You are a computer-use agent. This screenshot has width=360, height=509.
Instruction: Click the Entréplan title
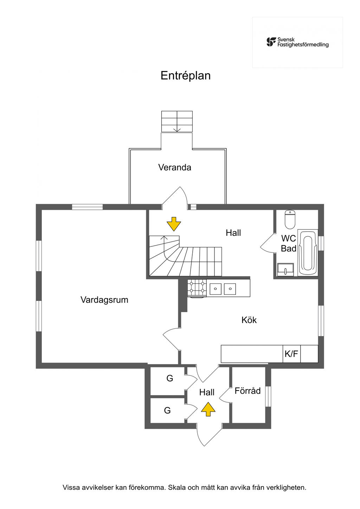click(185, 76)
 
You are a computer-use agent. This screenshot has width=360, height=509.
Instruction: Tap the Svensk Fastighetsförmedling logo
click(297, 42)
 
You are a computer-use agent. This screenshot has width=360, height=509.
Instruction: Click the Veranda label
click(175, 167)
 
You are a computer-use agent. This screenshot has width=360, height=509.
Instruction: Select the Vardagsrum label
click(104, 300)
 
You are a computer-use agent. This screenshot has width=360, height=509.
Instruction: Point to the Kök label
click(249, 320)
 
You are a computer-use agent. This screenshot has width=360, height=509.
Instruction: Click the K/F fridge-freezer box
click(291, 354)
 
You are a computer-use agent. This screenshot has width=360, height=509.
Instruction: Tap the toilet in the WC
click(290, 219)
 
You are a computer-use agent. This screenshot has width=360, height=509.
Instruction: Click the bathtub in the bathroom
click(308, 253)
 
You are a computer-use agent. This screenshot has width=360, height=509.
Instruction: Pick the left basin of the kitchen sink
click(215, 289)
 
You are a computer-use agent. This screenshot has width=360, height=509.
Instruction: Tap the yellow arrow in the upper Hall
click(174, 224)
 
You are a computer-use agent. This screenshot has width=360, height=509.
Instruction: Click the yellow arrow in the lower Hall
click(208, 409)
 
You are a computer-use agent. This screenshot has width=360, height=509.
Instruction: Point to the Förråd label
click(248, 391)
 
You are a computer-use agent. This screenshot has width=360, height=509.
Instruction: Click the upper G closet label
click(170, 378)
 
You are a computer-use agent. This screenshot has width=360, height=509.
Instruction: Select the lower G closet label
click(167, 410)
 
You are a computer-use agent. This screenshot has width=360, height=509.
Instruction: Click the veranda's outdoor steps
click(177, 121)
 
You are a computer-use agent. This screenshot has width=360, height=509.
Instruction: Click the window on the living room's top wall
click(88, 207)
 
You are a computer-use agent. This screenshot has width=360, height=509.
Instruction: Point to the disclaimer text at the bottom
click(184, 488)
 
